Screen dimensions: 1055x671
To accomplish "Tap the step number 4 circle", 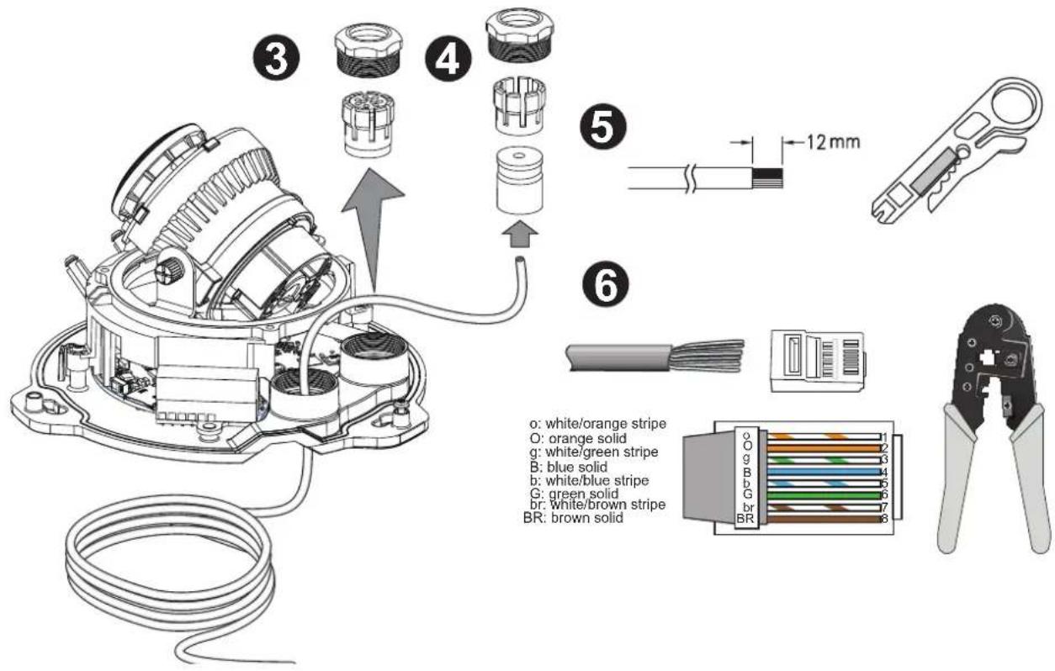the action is click(x=448, y=58).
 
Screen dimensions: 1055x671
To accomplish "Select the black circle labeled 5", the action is click(x=604, y=127).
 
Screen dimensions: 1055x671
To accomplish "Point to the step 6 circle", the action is click(x=606, y=283).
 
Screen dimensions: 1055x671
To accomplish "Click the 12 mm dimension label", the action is click(x=833, y=142).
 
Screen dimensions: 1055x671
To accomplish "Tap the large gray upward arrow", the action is click(x=373, y=230).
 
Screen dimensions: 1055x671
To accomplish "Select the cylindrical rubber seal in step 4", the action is click(x=520, y=181).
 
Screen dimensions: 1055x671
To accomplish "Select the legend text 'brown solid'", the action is click(x=587, y=518).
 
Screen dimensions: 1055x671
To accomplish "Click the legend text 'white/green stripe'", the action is click(x=602, y=452).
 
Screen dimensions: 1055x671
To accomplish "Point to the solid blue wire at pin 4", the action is click(x=824, y=472).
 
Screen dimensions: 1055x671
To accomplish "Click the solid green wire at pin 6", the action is click(x=824, y=495).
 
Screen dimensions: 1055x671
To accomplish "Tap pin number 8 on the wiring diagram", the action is click(x=883, y=520).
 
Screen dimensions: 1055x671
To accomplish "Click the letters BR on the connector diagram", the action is click(x=745, y=519).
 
